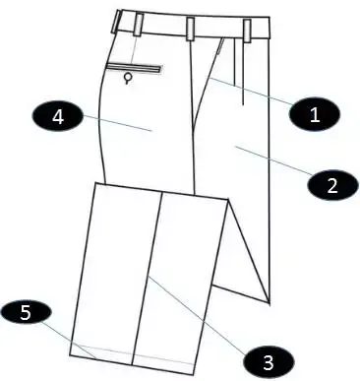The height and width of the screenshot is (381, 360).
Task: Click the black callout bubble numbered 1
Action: (315, 114)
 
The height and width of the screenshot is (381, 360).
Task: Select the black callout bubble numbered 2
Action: (332, 185)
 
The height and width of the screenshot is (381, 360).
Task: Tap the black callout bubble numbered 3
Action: (269, 362)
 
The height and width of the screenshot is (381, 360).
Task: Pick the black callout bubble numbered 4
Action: (58, 117)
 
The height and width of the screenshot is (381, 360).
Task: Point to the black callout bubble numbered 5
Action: (26, 312)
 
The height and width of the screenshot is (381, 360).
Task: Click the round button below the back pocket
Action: (128, 78)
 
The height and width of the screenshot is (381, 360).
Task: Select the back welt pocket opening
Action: (134, 68)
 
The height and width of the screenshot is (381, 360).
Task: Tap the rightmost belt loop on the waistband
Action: (247, 31)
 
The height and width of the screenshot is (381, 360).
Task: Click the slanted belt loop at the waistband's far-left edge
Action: (116, 22)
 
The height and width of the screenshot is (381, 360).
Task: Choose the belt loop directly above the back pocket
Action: (139, 25)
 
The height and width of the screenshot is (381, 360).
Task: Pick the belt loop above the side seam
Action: (190, 29)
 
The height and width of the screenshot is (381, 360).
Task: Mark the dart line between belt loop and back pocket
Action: (135, 49)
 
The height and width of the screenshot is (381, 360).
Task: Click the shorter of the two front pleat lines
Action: (235, 62)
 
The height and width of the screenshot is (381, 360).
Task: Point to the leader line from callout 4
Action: (118, 123)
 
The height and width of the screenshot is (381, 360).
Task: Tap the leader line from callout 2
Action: (272, 160)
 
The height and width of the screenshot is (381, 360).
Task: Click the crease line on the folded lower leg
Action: (148, 279)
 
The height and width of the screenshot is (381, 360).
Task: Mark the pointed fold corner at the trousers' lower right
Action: (270, 302)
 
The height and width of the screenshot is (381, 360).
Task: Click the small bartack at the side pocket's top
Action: (221, 45)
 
